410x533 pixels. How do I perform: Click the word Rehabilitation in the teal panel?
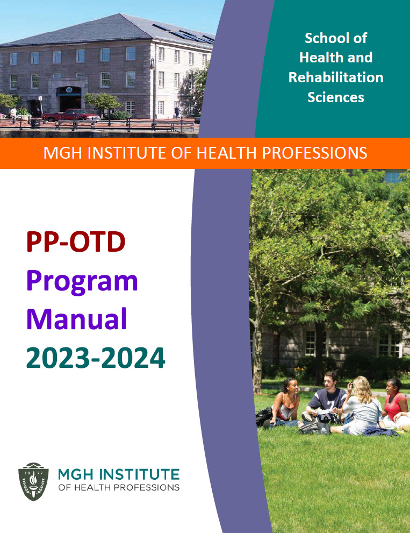[336, 77]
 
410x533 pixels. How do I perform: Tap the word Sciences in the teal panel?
[336, 97]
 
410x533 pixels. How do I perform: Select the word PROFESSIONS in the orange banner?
[314, 153]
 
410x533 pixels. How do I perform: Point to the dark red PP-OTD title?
[76, 241]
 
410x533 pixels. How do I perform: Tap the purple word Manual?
[76, 319]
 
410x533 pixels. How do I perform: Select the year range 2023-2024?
[96, 358]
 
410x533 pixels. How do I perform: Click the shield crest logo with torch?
[33, 481]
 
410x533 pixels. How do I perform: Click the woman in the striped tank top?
[285, 403]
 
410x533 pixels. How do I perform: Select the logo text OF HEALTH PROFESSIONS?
[119, 487]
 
